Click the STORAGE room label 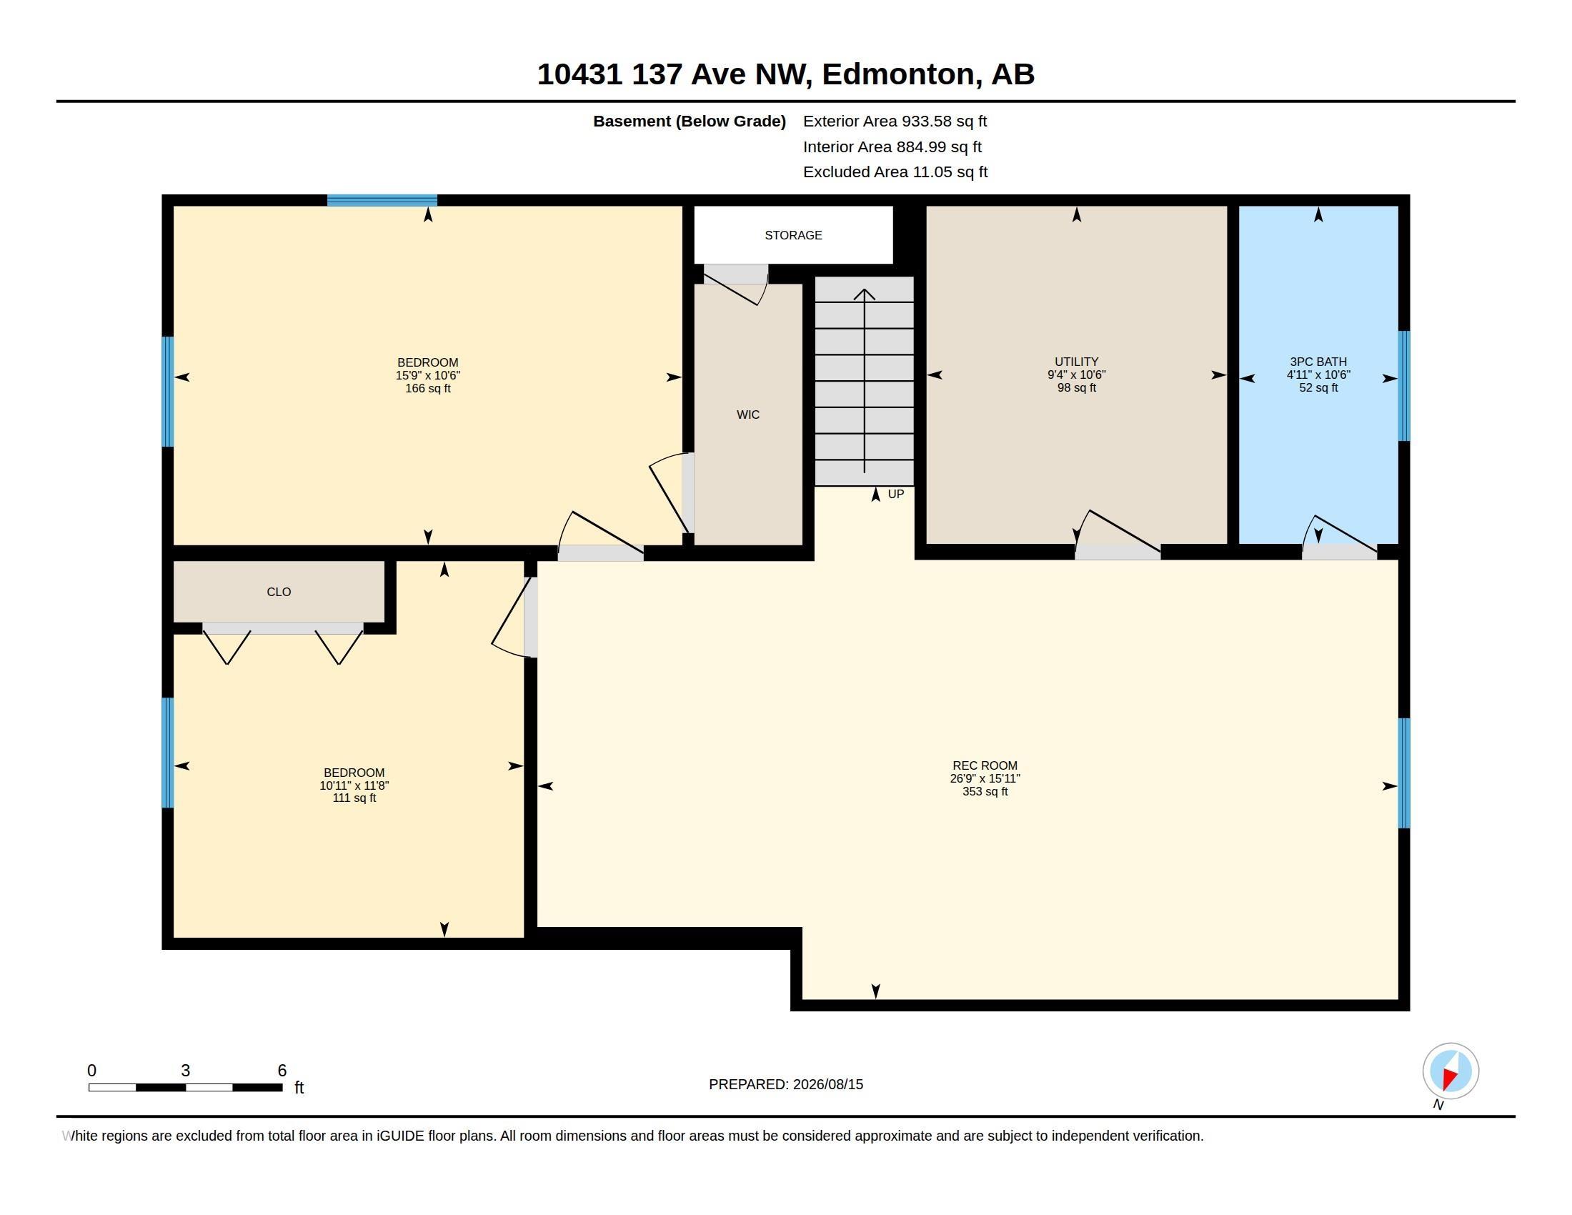pyautogui.click(x=793, y=235)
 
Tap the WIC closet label pyautogui.click(x=748, y=415)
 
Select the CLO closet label pyautogui.click(x=279, y=592)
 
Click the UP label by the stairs pyautogui.click(x=895, y=494)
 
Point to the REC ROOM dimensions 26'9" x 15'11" pyautogui.click(x=985, y=778)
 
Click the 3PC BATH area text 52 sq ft pyautogui.click(x=1318, y=387)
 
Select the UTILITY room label pyautogui.click(x=1076, y=362)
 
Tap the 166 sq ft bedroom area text pyautogui.click(x=427, y=388)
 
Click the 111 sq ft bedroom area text pyautogui.click(x=354, y=798)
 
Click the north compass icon pyautogui.click(x=1451, y=1071)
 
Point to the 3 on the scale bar pyautogui.click(x=185, y=1071)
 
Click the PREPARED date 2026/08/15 pyautogui.click(x=827, y=1084)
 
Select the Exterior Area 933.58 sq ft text pyautogui.click(x=895, y=121)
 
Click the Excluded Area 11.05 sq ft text pyautogui.click(x=895, y=172)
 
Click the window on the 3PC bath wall pyautogui.click(x=1403, y=386)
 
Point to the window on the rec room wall pyautogui.click(x=1403, y=773)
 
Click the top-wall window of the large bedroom pyautogui.click(x=382, y=200)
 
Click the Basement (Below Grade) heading pyautogui.click(x=689, y=121)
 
